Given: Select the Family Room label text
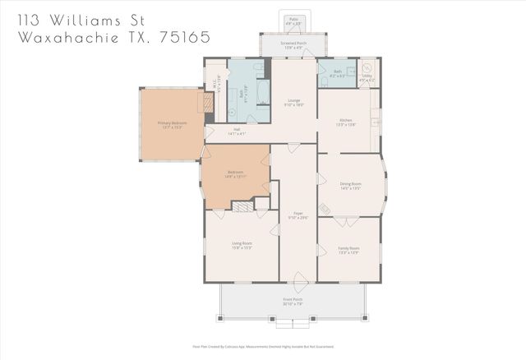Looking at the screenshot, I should pos(348,249).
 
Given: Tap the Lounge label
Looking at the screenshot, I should pos(293,103).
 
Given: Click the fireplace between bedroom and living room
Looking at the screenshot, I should pos(242,207).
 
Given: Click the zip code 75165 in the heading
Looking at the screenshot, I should pos(187,38).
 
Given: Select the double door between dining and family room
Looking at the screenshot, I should pos(348,219).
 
